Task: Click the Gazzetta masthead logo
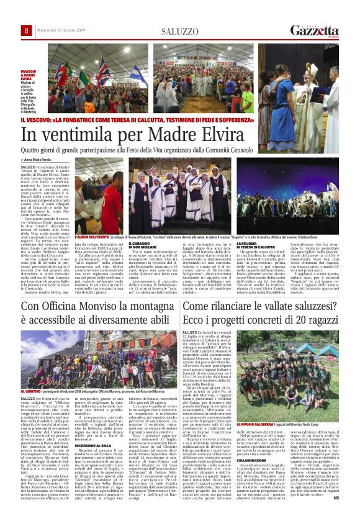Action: (x=315, y=30)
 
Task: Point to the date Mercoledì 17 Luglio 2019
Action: (x=60, y=31)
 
